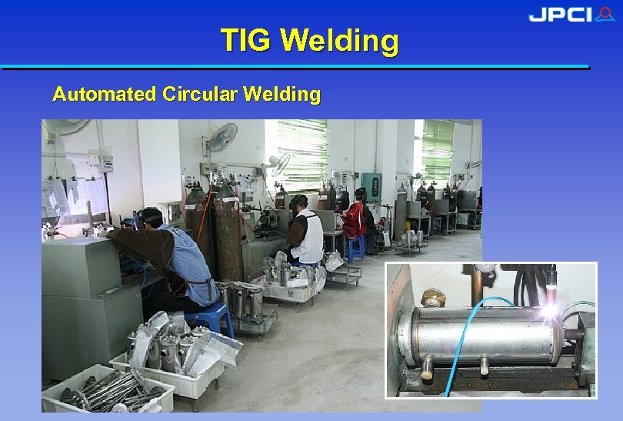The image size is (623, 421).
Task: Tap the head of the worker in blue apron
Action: point(151,218)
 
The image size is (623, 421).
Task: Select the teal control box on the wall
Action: point(372,186)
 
